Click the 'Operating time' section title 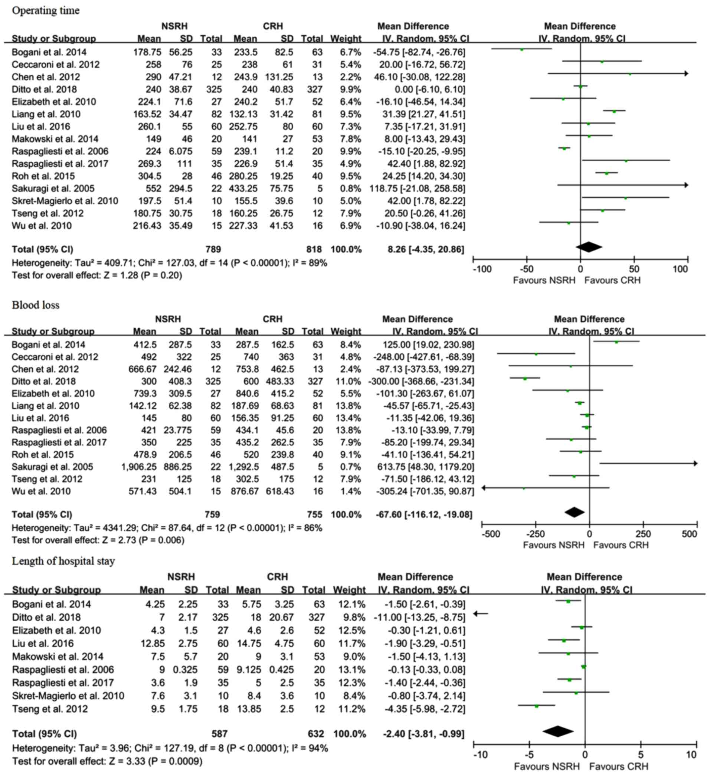46,10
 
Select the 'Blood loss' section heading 35,305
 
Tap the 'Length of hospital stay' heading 63,561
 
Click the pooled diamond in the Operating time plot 588,247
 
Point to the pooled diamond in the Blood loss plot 574,513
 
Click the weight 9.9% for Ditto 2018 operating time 350,89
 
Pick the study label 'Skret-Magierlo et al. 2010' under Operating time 65,201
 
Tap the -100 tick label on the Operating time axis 482,269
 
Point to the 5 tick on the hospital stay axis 641,754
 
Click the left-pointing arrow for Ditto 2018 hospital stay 480,614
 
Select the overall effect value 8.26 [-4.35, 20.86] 426,249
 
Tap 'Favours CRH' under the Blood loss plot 621,545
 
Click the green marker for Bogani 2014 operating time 521,50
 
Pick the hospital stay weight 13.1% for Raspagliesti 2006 349,670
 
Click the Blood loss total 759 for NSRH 212,515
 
